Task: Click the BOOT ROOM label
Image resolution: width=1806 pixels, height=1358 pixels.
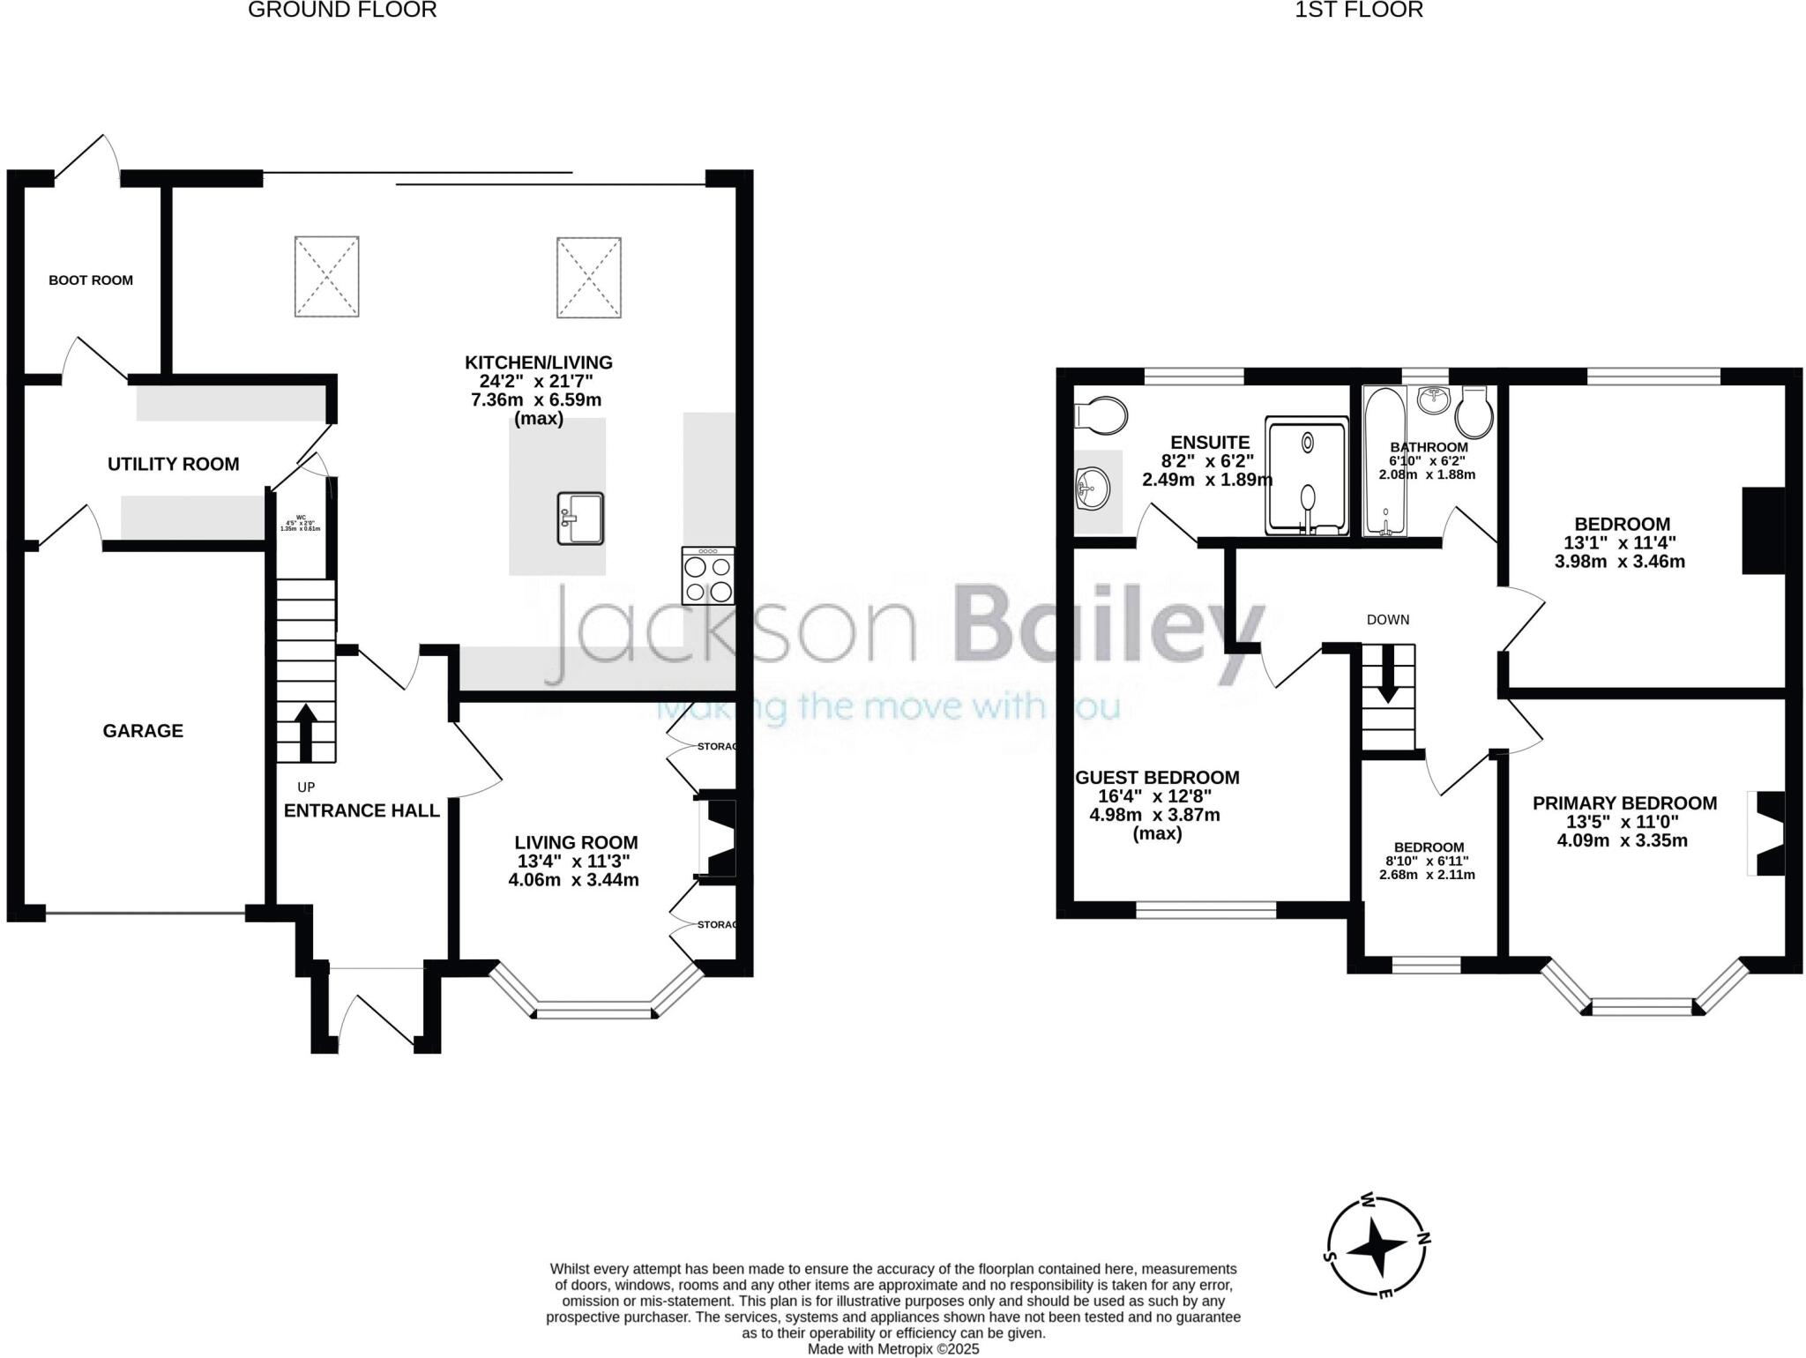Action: (91, 280)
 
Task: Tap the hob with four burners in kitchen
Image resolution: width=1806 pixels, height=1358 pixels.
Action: (708, 576)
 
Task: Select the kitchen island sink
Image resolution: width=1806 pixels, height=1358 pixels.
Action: (580, 519)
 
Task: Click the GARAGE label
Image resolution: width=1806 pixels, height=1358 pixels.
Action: (143, 730)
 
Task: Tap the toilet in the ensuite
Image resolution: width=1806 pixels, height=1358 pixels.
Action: (1101, 414)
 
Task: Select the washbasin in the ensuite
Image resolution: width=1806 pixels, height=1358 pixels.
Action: (1092, 487)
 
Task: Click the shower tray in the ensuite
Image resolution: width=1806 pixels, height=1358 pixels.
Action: (1307, 476)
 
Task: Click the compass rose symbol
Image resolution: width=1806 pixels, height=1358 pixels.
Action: (1378, 1248)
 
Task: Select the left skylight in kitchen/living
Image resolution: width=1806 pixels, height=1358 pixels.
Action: (326, 276)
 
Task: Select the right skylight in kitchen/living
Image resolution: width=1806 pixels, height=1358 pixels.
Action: (588, 277)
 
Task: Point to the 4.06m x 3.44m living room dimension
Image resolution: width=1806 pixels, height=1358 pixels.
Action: (573, 880)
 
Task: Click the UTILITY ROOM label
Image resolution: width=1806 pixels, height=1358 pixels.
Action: (173, 464)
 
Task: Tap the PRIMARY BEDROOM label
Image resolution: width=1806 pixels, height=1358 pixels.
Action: (1624, 803)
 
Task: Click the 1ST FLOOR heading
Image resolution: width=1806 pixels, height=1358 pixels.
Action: (1359, 11)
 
